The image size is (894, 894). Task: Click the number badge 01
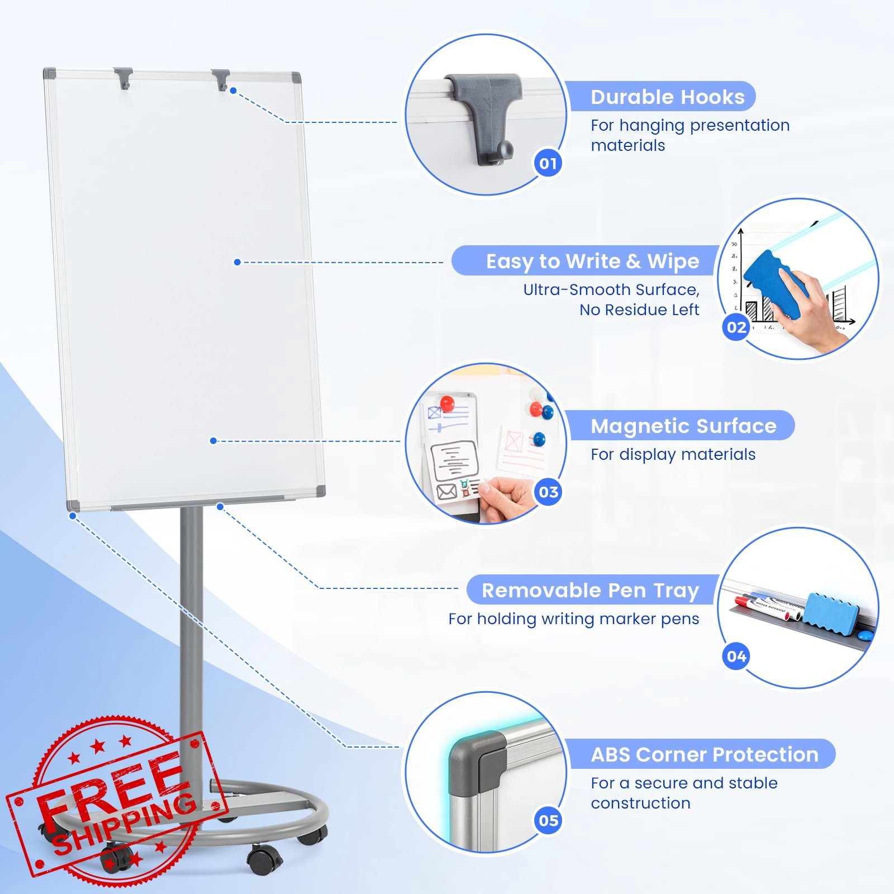coord(548,163)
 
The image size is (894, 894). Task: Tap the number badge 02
coord(736,327)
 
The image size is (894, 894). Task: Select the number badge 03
coord(548,492)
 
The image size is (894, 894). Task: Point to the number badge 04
coord(736,656)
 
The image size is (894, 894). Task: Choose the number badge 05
coord(548,820)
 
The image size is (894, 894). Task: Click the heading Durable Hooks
coord(668,97)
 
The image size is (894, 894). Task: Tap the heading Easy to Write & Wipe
coord(592,261)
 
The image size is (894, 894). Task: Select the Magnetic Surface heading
coord(684,426)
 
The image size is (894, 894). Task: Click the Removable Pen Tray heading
coord(591,591)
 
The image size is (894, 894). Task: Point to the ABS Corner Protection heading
coord(705,755)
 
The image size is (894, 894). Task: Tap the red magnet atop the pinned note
coord(447,403)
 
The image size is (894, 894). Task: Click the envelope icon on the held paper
coord(446,491)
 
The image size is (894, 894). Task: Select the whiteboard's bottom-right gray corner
coord(320,492)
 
